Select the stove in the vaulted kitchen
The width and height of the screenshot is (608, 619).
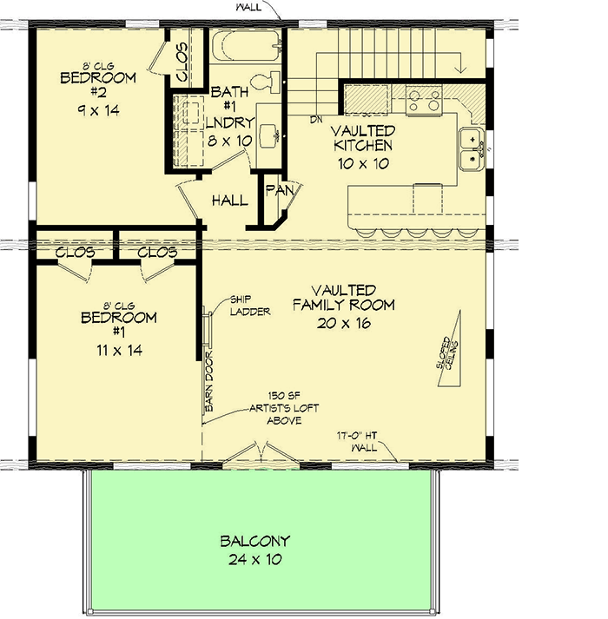coord(425,100)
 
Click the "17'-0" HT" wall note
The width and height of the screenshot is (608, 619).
coord(364,437)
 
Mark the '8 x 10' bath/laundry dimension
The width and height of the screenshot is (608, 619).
coord(230,140)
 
